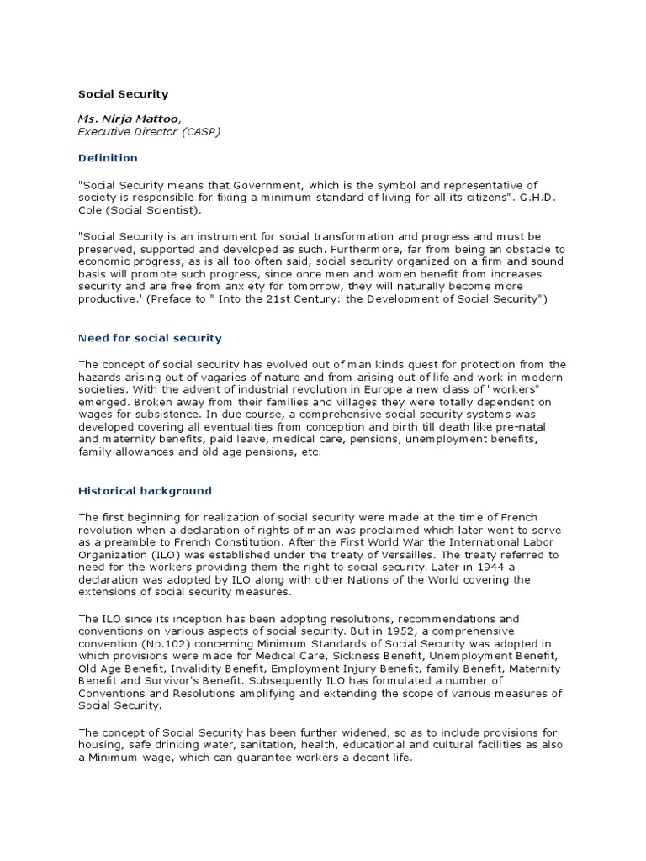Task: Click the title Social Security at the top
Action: [124, 94]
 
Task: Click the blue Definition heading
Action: [108, 157]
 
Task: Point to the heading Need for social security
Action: [150, 338]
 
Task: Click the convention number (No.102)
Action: [165, 643]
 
